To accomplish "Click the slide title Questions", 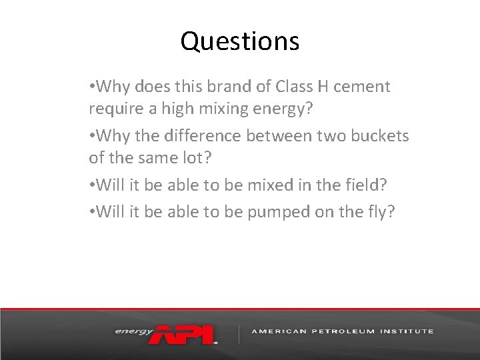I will pos(239,41).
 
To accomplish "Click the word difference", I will pos(206,136).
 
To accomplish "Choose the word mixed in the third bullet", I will pos(267,185).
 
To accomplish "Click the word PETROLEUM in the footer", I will pos(339,331).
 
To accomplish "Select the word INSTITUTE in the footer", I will pos(406,331).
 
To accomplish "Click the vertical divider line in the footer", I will pos(239,333).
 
